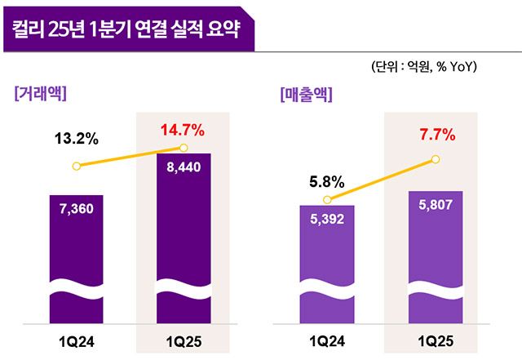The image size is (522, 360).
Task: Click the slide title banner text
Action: pyautogui.click(x=127, y=31)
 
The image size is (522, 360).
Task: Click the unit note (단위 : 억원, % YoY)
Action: pyautogui.click(x=423, y=66)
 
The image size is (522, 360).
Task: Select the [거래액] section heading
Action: pyautogui.click(x=40, y=93)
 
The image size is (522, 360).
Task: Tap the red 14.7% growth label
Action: pyautogui.click(x=183, y=128)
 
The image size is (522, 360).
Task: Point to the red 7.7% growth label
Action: pyautogui.click(x=433, y=135)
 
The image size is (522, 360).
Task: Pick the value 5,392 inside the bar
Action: pyautogui.click(x=328, y=219)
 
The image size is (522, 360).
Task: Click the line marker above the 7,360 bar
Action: pyautogui.click(x=76, y=166)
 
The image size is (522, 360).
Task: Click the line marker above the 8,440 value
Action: pyautogui.click(x=184, y=148)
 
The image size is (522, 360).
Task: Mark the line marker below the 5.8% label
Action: pyautogui.click(x=327, y=199)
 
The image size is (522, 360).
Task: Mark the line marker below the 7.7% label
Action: pyautogui.click(x=435, y=159)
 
